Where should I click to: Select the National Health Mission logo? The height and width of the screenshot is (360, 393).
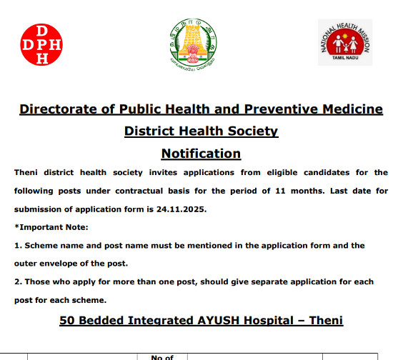coord(345,43)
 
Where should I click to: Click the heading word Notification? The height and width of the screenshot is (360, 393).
coord(201,154)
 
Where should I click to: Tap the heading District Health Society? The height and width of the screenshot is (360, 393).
coord(201,131)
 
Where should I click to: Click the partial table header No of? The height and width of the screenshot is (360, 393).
coord(163,356)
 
